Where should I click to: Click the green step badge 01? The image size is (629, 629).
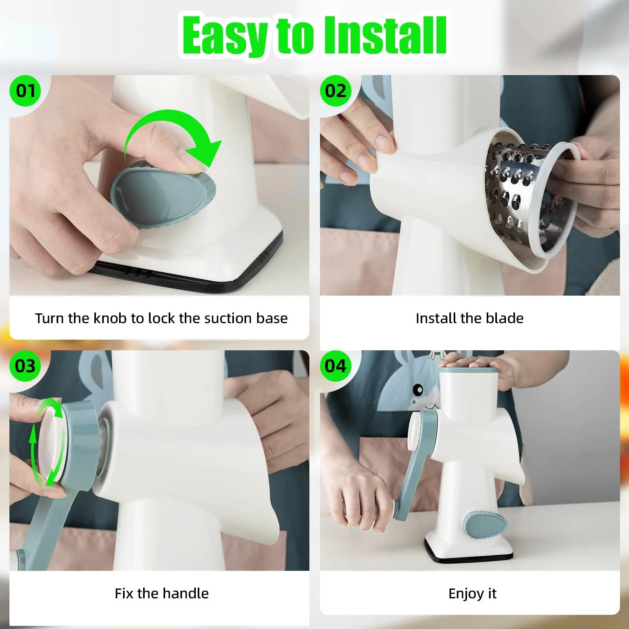26,91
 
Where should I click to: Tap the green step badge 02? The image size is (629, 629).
335,91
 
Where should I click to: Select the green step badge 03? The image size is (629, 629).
26,366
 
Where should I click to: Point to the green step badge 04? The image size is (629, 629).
335,366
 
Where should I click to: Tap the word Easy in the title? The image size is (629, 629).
225,36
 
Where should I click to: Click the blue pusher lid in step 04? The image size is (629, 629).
469,370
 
